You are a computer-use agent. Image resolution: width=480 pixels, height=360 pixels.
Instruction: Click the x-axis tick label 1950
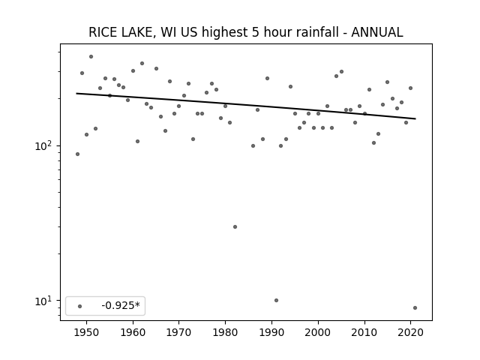87,332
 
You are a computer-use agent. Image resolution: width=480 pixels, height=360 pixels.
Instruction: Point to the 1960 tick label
133,332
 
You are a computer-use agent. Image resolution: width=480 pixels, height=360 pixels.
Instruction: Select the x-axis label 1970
179,332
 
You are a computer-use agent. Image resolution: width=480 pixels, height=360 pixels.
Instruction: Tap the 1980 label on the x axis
225,332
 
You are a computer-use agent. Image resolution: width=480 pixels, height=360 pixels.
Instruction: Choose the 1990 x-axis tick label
271,332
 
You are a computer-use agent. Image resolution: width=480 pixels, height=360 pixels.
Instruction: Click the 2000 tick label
318,332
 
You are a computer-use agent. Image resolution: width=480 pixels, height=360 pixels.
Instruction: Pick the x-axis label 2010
364,332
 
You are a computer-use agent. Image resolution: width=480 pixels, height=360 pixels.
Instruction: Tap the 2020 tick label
410,332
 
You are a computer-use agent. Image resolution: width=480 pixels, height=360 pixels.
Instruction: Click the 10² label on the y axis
45,145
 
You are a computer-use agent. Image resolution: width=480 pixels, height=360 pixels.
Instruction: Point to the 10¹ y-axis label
45,301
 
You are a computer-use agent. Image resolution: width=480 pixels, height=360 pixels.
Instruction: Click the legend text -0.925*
121,305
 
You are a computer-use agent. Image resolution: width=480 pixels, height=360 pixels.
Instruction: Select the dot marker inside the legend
80,306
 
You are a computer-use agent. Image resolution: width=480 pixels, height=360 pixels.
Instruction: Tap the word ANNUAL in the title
376,32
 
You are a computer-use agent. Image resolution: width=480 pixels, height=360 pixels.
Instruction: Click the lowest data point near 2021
415,308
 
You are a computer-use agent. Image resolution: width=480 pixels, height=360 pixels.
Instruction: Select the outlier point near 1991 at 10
277,300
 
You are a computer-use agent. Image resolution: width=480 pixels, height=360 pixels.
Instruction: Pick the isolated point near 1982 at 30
235,226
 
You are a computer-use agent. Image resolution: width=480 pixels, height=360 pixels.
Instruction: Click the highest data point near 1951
91,57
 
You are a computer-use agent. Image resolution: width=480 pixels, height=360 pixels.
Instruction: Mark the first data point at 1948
77,154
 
